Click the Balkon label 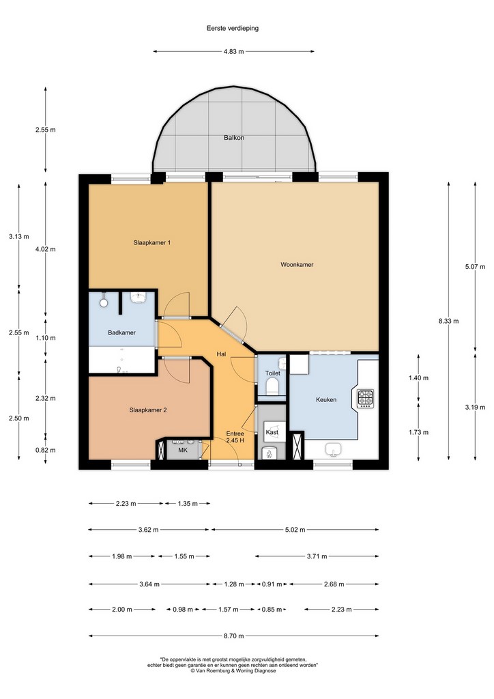coord(234,138)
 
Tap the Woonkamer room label coord(297,264)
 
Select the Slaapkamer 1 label coord(152,242)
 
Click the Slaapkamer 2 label coord(148,410)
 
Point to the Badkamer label coord(121,332)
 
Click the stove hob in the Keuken coord(366,397)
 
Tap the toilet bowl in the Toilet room coord(272,386)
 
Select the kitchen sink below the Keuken coord(333,449)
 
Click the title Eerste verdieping coord(233,28)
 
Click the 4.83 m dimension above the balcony coord(234,51)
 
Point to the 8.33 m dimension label coord(448,321)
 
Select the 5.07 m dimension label coord(476,267)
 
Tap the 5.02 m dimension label coord(295,530)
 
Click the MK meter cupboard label coord(183,451)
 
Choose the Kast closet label coord(272,432)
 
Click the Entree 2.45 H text coord(235,437)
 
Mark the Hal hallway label coord(221,354)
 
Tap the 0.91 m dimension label coord(272,584)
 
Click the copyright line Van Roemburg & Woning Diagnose coord(233,670)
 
